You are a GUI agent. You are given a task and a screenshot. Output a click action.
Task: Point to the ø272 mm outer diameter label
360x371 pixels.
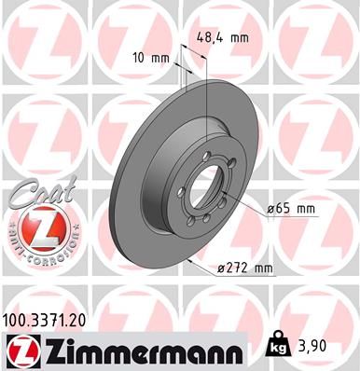(243, 269)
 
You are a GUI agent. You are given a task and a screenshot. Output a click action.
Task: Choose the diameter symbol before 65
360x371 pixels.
(270, 209)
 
